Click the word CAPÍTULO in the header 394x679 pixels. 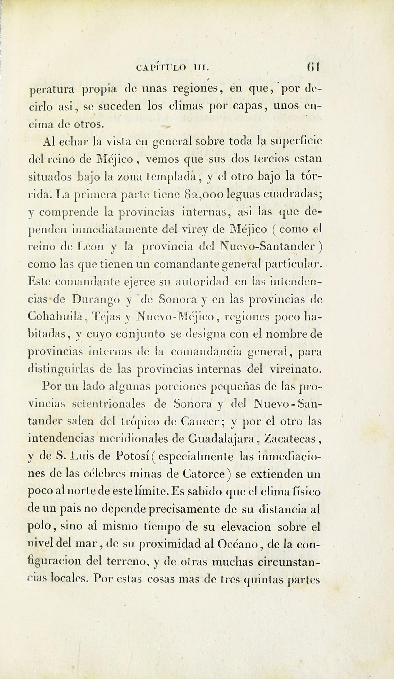pyautogui.click(x=161, y=68)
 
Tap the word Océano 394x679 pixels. pyautogui.click(x=240, y=544)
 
